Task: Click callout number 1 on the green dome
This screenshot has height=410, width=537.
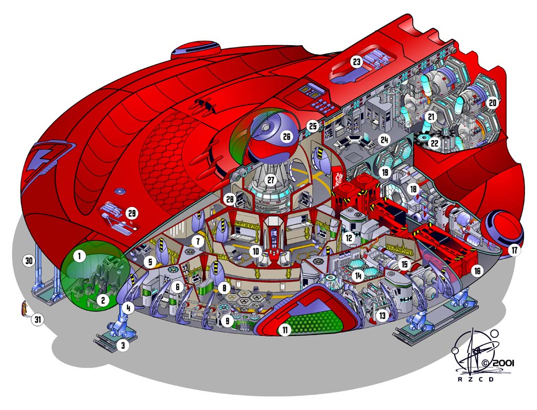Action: pos(79,257)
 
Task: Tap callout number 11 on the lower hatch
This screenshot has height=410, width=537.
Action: pos(285,331)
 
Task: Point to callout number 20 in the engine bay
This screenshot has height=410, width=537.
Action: pos(492,103)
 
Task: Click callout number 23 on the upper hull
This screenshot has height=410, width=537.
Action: pos(357,62)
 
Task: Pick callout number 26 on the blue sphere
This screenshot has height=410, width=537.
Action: pos(286,136)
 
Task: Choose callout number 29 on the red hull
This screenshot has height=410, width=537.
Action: pos(132,213)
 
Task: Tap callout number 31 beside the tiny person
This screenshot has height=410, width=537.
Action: pos(37,319)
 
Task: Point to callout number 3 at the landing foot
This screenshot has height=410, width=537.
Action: pos(123,345)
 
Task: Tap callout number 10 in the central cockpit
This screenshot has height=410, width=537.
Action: pos(255,251)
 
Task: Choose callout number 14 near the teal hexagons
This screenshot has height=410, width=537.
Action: pos(359,275)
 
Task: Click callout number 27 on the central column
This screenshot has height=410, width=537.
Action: pos(271,180)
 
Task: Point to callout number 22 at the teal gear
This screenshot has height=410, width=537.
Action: pos(434,142)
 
